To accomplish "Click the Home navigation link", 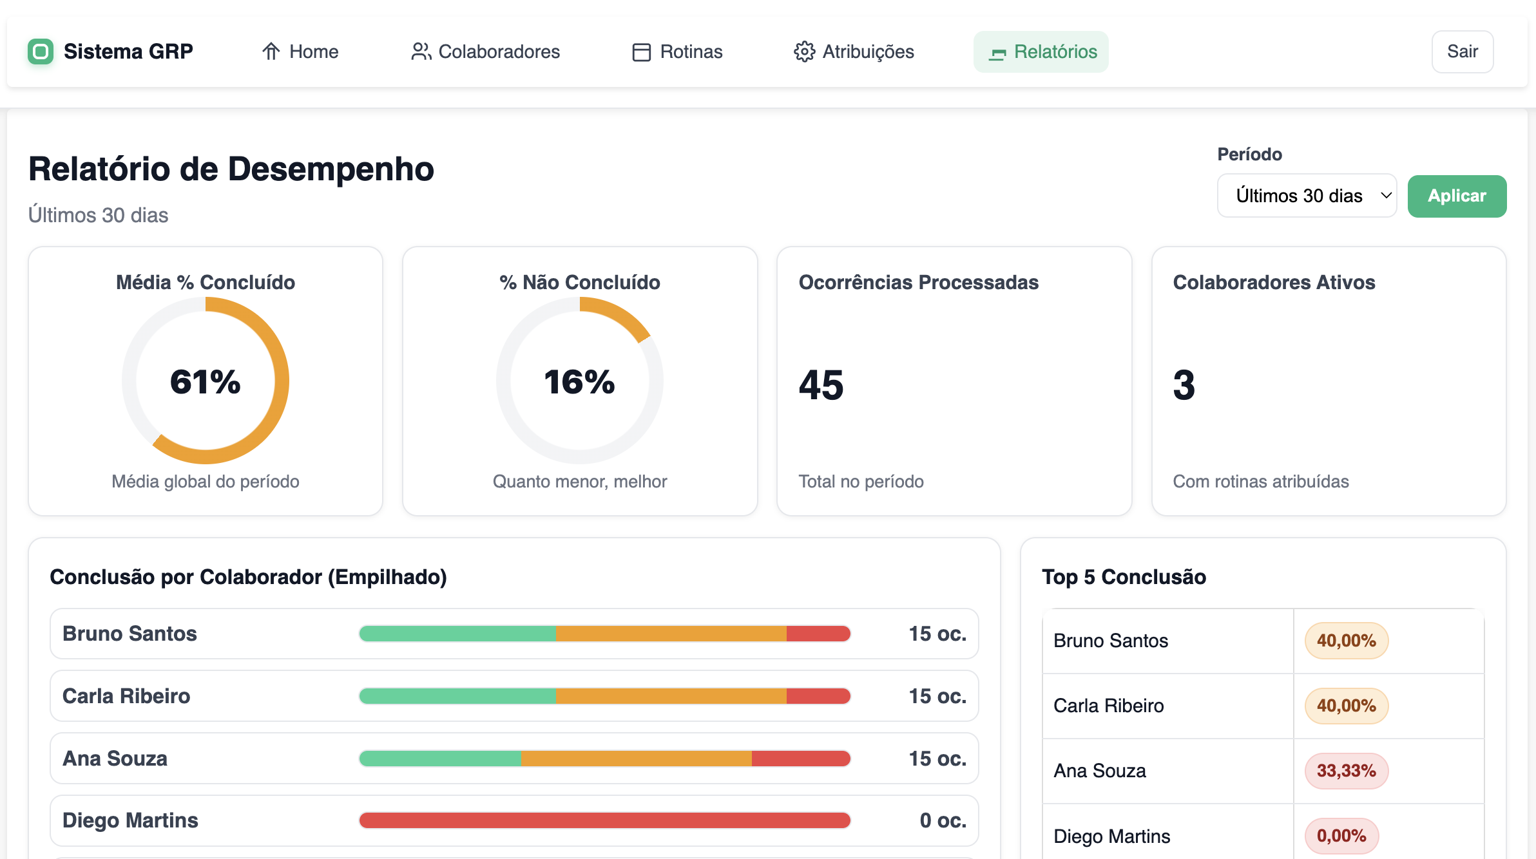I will tap(300, 52).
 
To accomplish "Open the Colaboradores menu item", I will tap(485, 52).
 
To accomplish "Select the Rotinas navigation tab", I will tap(677, 52).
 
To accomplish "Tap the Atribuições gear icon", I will tap(804, 52).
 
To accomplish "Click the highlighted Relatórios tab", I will tap(1041, 52).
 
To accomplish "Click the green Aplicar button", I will tap(1456, 196).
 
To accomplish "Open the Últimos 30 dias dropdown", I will tap(1307, 196).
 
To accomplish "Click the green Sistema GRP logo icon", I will tap(41, 52).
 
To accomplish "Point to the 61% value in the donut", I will tap(205, 381).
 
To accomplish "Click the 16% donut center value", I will tap(579, 381).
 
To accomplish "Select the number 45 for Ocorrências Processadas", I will tap(821, 385).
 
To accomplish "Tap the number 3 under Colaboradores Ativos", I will tap(1184, 385).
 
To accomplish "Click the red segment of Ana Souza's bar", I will tap(800, 759).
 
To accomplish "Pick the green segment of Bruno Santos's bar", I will tap(457, 634).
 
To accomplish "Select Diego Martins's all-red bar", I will tap(604, 820).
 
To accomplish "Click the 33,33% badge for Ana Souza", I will tap(1346, 771).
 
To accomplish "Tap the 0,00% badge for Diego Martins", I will tap(1341, 836).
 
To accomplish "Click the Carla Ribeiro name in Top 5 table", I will tap(1108, 706).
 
